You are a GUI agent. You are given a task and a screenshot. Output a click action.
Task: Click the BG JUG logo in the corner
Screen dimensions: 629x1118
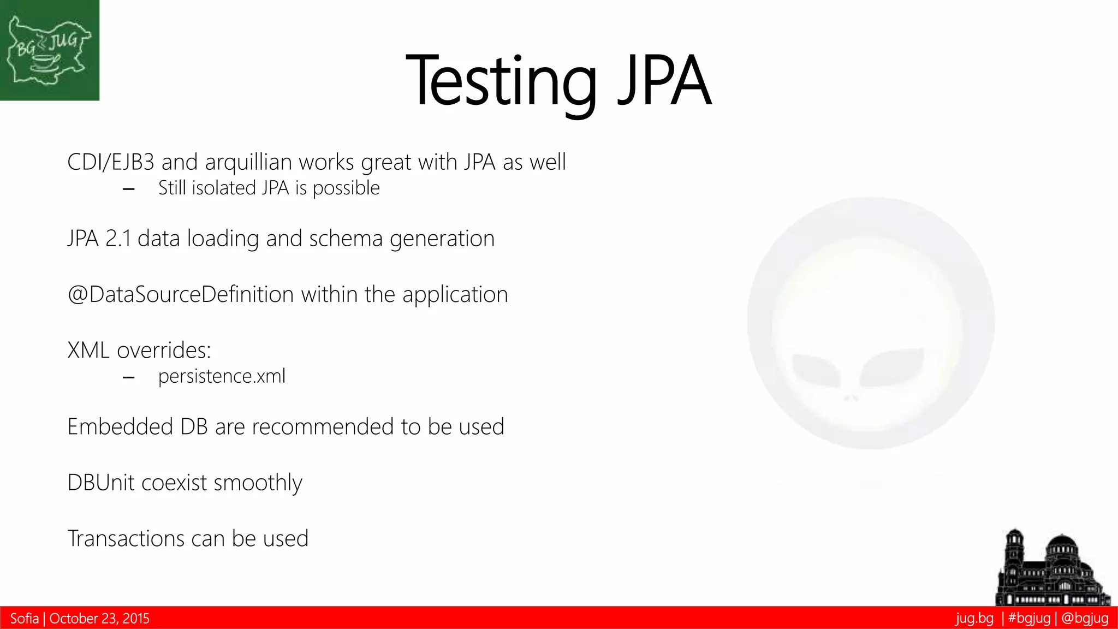tap(49, 50)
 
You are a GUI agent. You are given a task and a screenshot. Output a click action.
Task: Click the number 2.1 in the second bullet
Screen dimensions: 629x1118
tap(118, 239)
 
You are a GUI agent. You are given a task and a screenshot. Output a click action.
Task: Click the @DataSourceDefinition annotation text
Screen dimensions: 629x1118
tap(181, 295)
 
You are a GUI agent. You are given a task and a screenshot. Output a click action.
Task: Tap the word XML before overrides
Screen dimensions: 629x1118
tap(88, 351)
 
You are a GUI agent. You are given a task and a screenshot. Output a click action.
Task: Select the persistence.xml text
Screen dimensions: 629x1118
tap(222, 376)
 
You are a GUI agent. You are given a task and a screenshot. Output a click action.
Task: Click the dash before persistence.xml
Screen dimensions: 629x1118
tap(129, 377)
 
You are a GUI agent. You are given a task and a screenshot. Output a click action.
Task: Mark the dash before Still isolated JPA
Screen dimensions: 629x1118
tap(129, 189)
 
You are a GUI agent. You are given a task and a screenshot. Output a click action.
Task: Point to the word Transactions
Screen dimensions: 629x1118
tap(126, 538)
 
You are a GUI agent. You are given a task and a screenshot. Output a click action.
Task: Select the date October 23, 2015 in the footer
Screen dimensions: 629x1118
tap(99, 619)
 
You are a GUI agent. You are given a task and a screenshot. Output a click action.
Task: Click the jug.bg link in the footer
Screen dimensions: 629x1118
tap(974, 619)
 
